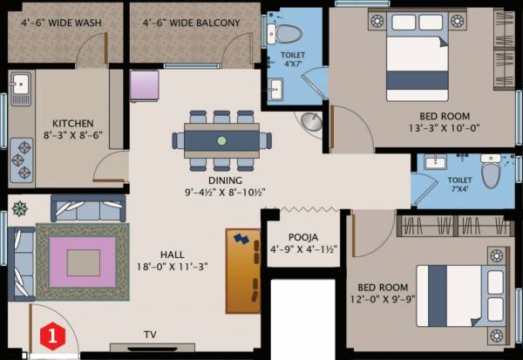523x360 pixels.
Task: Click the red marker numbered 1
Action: click(53, 333)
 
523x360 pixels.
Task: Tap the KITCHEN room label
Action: click(72, 123)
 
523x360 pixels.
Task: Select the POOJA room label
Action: click(302, 237)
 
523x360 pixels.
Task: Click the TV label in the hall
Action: click(151, 333)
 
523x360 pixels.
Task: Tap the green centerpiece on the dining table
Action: click(221, 140)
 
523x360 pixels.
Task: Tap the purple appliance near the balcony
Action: click(143, 86)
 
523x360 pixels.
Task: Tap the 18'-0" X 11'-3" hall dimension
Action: click(171, 268)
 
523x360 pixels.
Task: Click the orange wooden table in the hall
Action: click(243, 269)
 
